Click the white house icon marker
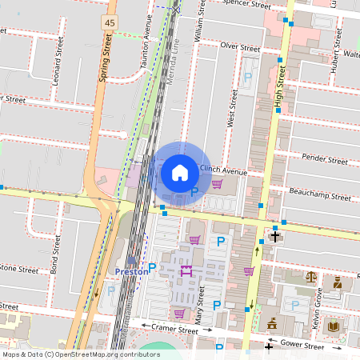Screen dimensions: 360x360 pyautogui.click(x=180, y=172)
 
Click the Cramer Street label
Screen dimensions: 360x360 pyautogui.click(x=175, y=329)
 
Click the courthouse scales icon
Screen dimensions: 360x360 pyautogui.click(x=310, y=276)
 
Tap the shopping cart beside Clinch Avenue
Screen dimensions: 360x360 pyautogui.click(x=216, y=185)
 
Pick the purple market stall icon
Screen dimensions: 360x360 pyautogui.click(x=187, y=271)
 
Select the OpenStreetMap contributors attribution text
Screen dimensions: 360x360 pyautogui.click(x=80, y=354)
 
